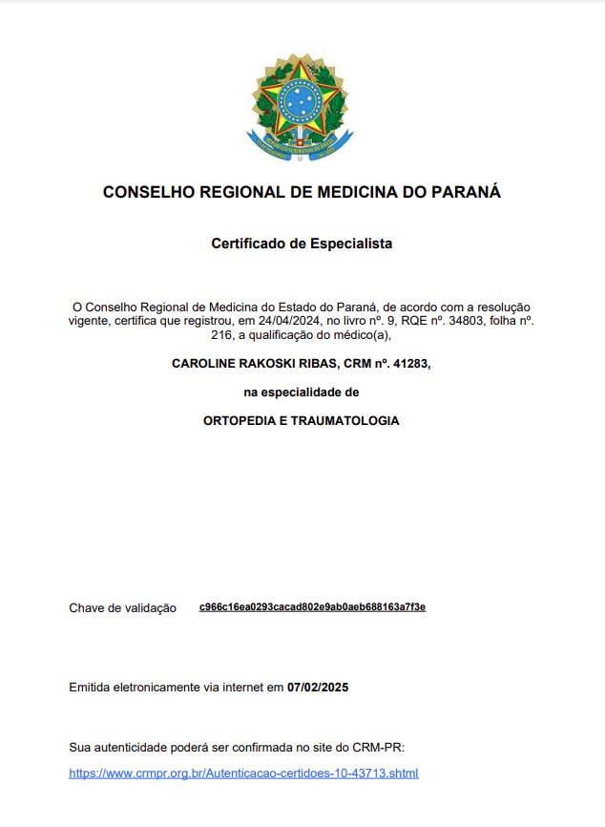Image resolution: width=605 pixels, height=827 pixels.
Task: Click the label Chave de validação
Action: coord(122,608)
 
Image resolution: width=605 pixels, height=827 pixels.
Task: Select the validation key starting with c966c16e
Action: coord(312,607)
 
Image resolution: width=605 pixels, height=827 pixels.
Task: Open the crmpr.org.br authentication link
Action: coord(243,773)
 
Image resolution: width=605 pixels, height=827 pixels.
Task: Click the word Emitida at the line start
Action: coord(93,687)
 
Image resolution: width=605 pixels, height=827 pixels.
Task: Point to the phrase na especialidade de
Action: coord(302,392)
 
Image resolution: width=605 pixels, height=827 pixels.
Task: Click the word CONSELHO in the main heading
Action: coord(146,192)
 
